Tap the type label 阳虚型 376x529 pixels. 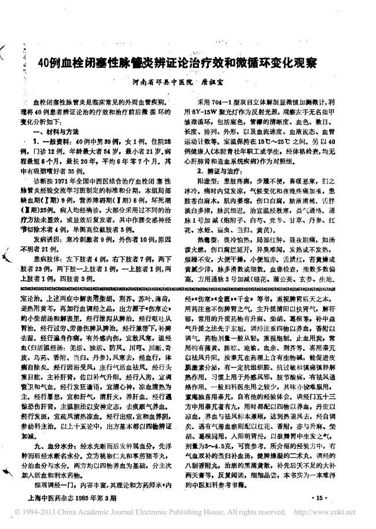(210, 181)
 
